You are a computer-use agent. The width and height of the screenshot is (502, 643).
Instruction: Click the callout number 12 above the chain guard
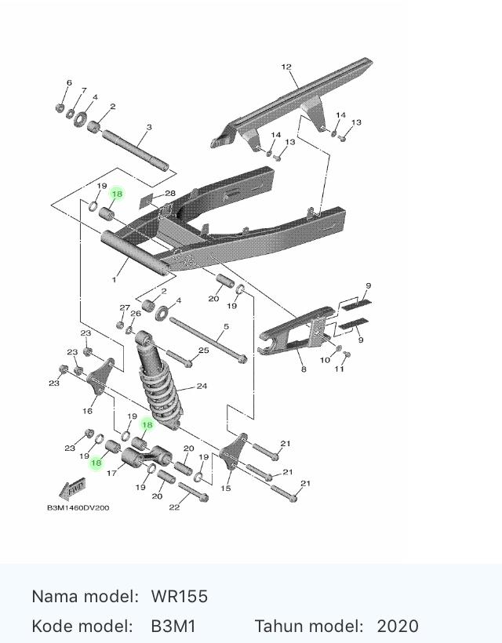(286, 67)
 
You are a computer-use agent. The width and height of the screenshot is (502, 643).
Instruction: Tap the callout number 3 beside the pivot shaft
(149, 127)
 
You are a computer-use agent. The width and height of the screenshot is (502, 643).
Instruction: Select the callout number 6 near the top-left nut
(69, 83)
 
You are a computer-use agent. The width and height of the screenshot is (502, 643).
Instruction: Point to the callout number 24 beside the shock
(202, 386)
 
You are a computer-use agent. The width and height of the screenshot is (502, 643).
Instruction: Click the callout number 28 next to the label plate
(170, 193)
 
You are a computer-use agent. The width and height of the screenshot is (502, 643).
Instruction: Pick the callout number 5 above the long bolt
(227, 327)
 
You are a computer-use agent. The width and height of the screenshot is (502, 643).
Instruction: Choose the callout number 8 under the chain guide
(304, 369)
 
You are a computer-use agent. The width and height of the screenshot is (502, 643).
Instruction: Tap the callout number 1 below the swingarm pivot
(114, 280)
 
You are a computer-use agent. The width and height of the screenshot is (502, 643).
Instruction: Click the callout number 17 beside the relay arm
(112, 473)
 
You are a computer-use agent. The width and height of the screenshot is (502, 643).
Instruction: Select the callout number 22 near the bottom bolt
(174, 507)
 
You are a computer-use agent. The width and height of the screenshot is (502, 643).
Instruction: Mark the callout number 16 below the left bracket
(87, 410)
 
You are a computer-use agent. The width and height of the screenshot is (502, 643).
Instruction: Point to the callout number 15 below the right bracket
(226, 488)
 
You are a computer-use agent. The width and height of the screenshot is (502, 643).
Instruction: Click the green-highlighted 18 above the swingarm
(117, 194)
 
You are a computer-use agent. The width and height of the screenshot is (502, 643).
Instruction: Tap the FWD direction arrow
(72, 489)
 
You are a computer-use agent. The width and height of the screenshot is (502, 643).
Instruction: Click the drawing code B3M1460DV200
(78, 507)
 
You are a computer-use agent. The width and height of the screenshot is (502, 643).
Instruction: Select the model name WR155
(179, 596)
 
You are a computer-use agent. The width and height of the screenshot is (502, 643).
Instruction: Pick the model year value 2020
(398, 627)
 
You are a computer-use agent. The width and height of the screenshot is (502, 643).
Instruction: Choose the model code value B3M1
(173, 627)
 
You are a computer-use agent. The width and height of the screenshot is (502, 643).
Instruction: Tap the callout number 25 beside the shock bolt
(204, 351)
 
